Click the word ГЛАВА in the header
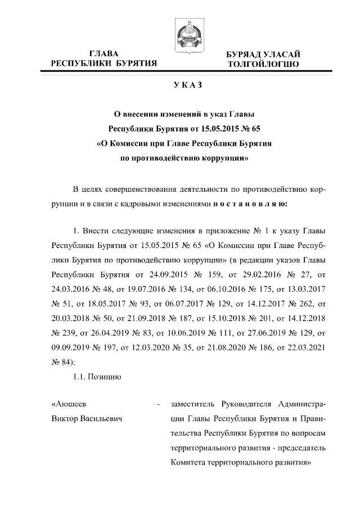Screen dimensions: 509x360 (x=103, y=53)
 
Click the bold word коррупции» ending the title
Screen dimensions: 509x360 (x=222, y=158)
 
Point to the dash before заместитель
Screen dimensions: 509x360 (x=160, y=405)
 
